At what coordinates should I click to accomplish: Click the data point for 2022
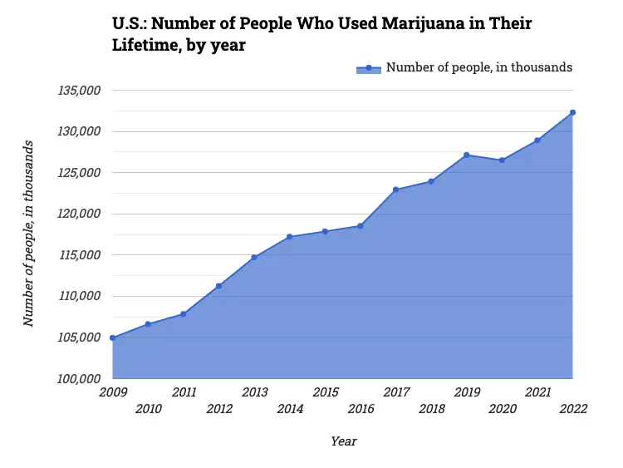pos(572,112)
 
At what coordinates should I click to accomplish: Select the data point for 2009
pos(112,337)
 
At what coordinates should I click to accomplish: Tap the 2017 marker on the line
pos(395,190)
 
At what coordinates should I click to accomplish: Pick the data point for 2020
pos(502,160)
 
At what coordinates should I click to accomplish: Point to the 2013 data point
pos(254,257)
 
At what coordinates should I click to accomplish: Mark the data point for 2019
pos(467,155)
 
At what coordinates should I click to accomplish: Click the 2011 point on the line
pos(183,313)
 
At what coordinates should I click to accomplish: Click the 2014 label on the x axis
pos(290,408)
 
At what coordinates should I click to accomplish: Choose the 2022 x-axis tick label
pos(573,408)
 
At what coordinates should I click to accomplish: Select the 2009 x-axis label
pos(112,392)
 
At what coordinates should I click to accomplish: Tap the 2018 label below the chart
pos(431,408)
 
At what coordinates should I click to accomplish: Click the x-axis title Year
pos(343,441)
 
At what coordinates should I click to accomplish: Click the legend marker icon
pos(368,68)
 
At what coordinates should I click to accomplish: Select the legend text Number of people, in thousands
pos(479,68)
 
